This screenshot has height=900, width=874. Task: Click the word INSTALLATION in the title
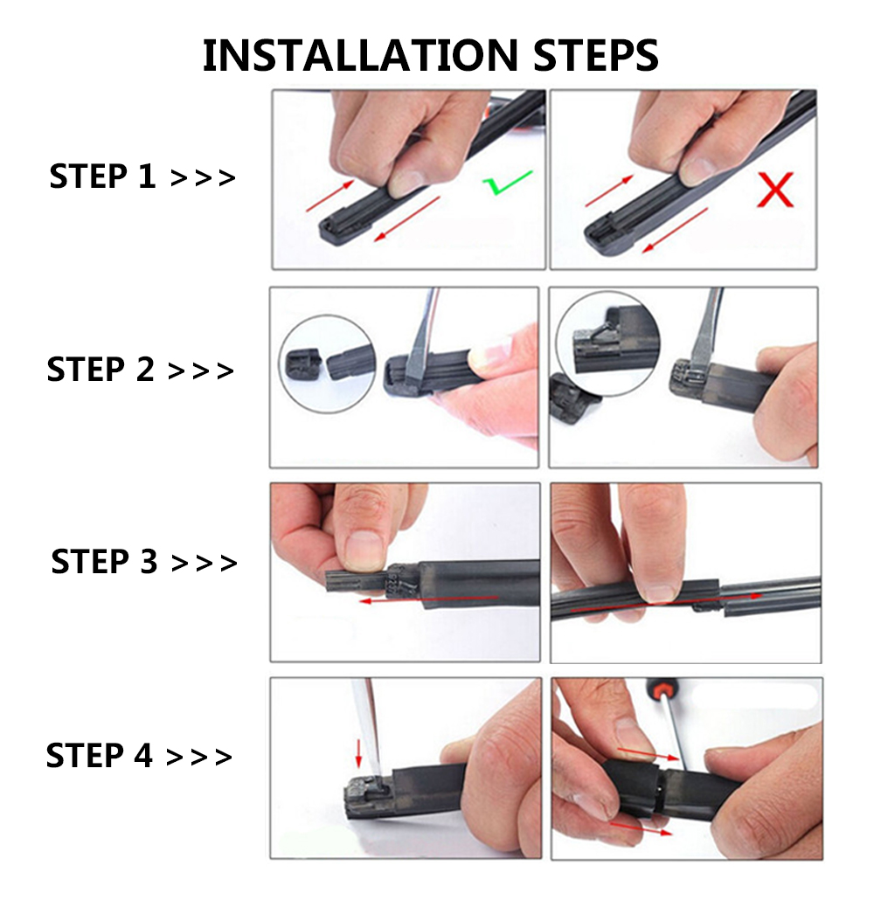351,55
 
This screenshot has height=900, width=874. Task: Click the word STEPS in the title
586,55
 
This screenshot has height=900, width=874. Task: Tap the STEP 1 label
102,177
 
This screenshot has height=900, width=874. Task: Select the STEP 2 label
100,370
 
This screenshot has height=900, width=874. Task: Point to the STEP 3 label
104,561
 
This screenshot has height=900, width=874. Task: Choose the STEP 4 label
99,754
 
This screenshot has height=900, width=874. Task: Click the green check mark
507,183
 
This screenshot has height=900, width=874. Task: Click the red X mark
774,190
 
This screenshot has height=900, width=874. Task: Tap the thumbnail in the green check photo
407,181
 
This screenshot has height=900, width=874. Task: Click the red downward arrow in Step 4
357,749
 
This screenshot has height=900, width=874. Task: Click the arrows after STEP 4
199,756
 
